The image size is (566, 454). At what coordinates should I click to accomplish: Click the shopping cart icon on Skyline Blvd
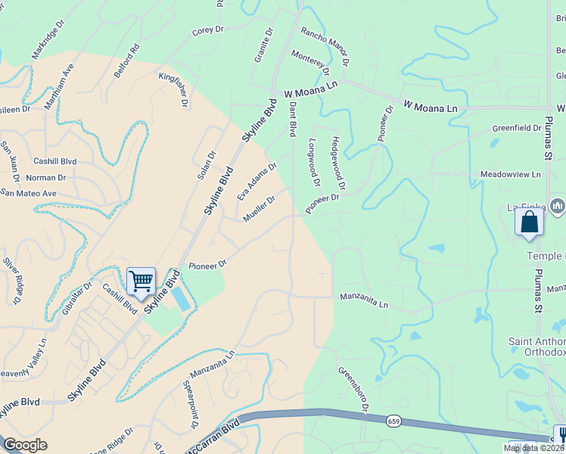click(141, 281)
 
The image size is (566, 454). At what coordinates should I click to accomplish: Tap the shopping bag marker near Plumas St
click(529, 222)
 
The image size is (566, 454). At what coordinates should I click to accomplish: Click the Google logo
click(25, 445)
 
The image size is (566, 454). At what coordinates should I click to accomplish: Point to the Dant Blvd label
click(293, 120)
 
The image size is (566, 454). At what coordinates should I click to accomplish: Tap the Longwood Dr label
click(314, 161)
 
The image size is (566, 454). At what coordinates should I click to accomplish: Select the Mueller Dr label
click(258, 206)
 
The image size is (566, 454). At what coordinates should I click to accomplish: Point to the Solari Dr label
click(207, 165)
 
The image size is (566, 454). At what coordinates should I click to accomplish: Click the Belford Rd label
click(129, 58)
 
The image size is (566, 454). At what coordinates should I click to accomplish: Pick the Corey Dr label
click(209, 31)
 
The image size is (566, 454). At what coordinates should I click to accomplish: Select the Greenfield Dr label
click(517, 129)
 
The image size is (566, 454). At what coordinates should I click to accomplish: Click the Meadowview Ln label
click(512, 175)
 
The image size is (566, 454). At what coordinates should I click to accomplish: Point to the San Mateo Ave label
click(29, 193)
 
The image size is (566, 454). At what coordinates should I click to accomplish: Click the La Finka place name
click(525, 207)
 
